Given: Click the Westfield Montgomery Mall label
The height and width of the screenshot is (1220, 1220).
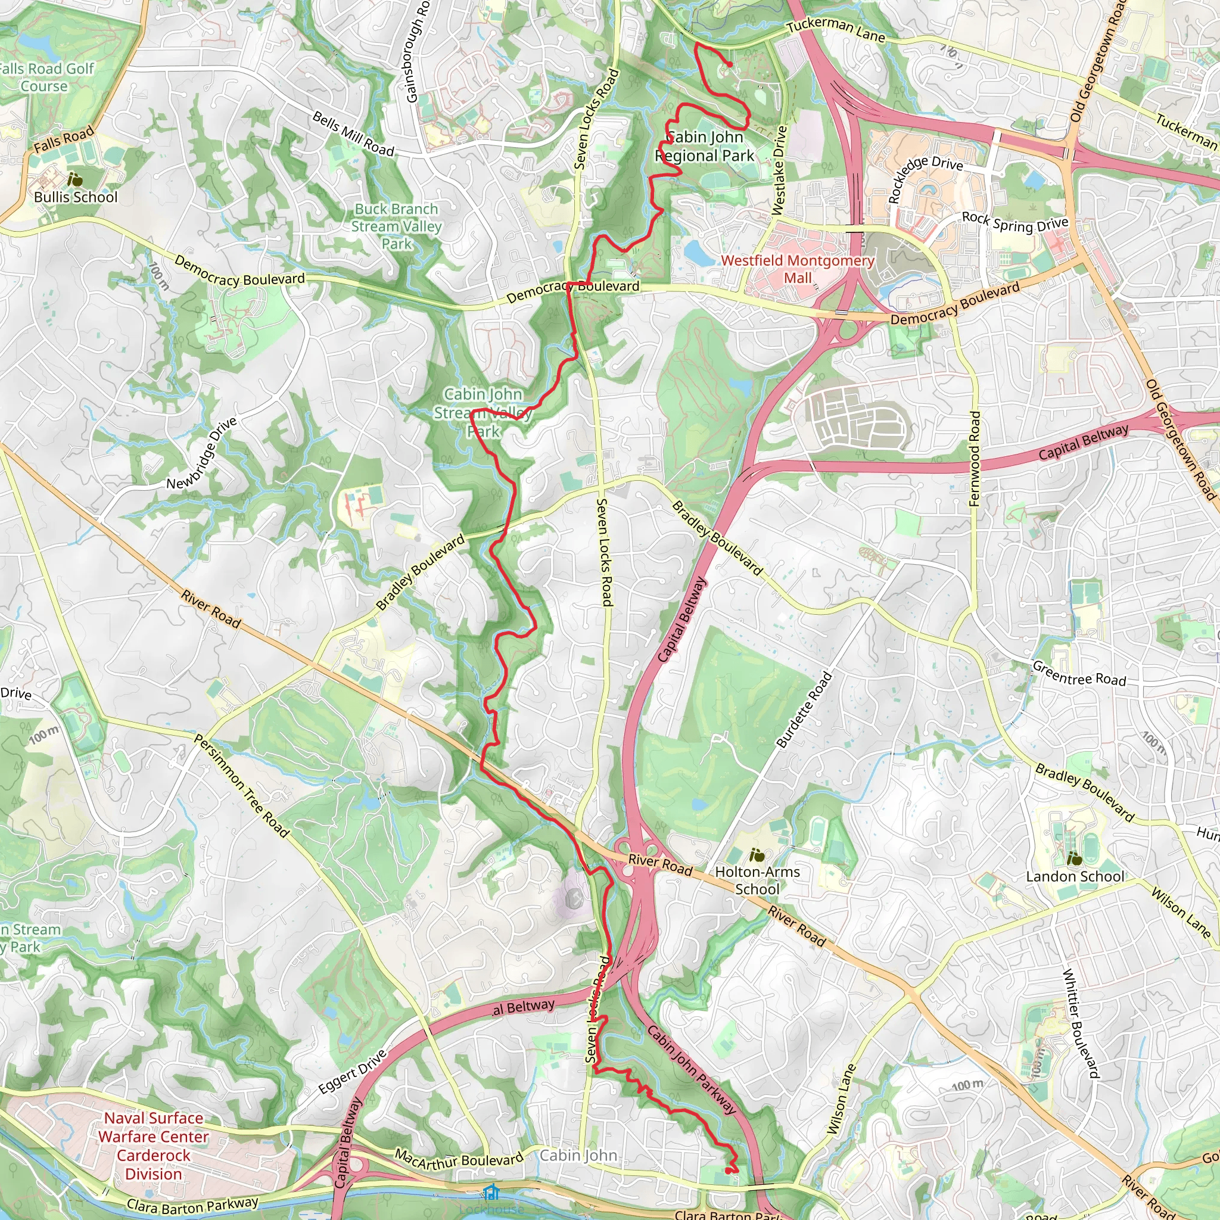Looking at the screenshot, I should tap(798, 269).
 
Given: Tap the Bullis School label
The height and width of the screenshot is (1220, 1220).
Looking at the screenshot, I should tap(76, 197).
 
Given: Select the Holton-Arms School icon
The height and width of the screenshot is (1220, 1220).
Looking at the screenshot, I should tap(757, 856).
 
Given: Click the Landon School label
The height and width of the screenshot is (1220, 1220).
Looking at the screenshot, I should tap(1075, 876).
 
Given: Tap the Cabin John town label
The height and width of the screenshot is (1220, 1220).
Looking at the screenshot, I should tap(578, 1156).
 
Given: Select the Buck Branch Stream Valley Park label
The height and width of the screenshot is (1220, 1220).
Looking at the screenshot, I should tap(397, 226).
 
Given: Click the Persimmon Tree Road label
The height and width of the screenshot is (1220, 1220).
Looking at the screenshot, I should tap(242, 786).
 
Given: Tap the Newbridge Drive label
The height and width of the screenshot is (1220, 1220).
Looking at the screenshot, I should tap(201, 453).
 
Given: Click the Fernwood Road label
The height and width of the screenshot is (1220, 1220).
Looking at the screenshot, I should tap(975, 459).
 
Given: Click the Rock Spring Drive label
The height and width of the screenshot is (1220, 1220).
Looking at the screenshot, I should tap(1014, 222).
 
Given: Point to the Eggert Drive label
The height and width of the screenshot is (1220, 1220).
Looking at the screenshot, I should tap(353, 1072).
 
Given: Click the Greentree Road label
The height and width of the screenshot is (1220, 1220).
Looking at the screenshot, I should tap(1079, 674).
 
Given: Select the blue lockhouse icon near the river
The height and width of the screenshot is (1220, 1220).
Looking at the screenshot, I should tap(491, 1192).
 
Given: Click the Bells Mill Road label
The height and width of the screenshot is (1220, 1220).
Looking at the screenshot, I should tap(354, 134).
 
